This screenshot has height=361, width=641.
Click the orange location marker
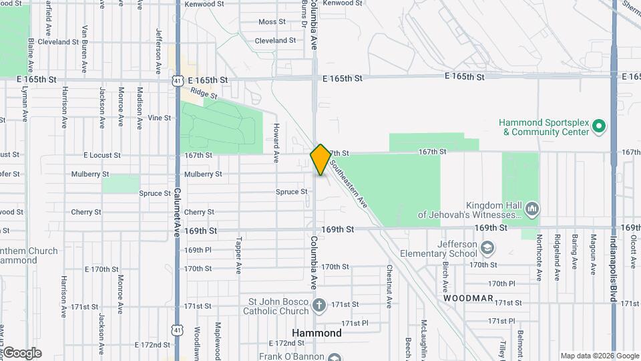coord(320,159)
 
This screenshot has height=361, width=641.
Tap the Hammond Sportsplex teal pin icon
coord(599,126)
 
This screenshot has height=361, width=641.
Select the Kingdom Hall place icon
coord(532,209)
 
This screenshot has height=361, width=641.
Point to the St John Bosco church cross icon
coord(319,306)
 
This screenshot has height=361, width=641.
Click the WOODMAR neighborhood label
coord(469,298)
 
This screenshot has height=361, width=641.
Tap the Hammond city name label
coord(317,333)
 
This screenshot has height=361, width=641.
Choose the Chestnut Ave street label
coord(389,286)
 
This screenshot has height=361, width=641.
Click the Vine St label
coord(159,118)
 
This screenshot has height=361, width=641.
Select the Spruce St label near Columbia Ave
coord(291,192)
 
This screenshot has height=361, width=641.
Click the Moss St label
coord(272,22)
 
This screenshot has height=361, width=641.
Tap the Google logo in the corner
coord(21,353)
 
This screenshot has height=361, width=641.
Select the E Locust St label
coord(102,155)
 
